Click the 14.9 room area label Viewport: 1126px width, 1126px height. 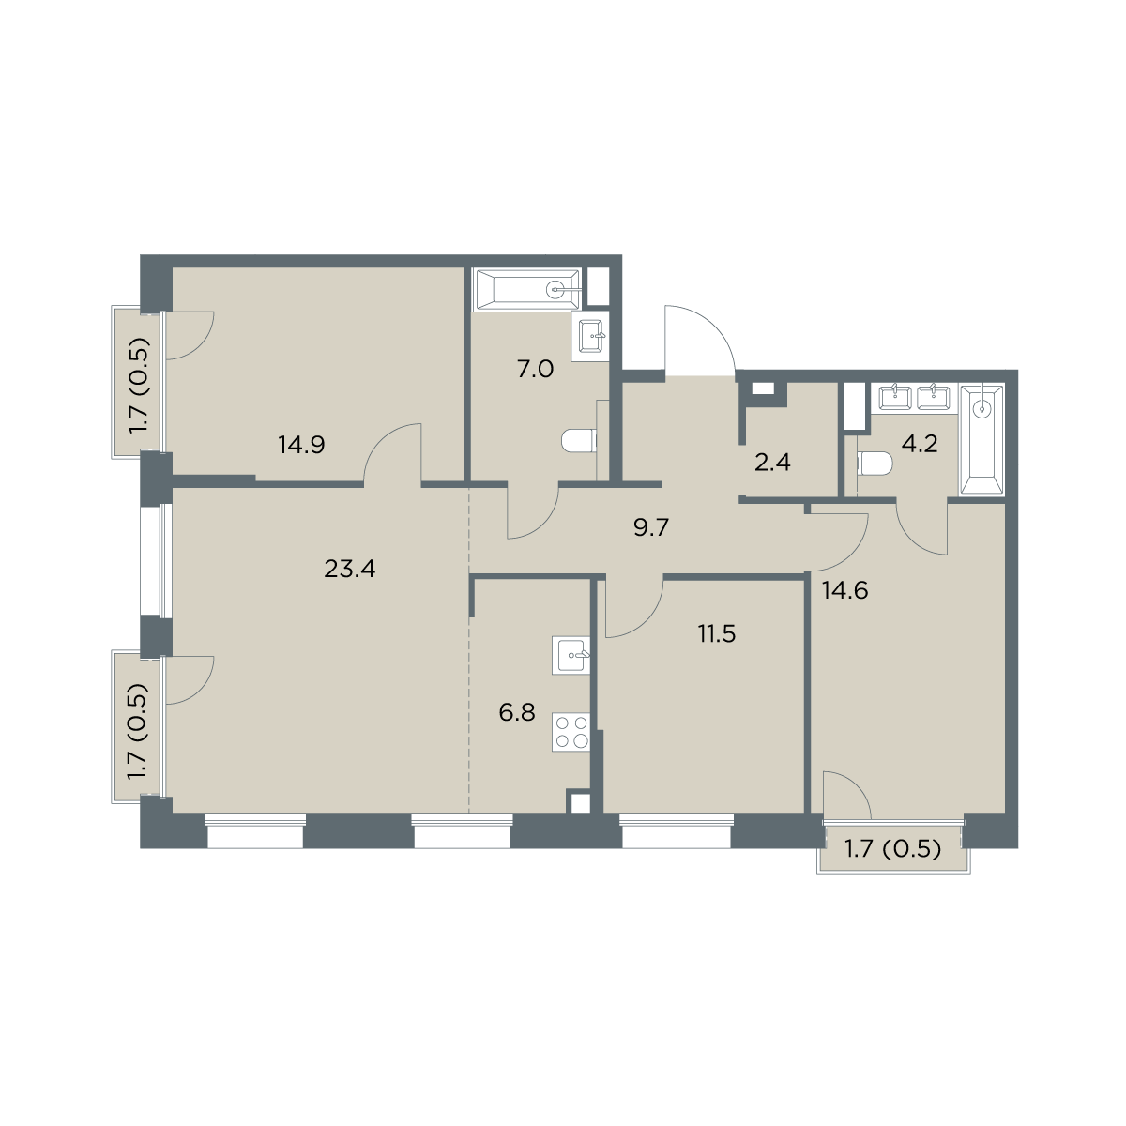pyautogui.click(x=301, y=446)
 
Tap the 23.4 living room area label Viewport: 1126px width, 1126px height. pyautogui.click(x=349, y=569)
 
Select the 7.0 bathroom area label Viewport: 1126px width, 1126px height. pyautogui.click(x=535, y=370)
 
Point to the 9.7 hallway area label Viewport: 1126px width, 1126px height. pyautogui.click(x=650, y=527)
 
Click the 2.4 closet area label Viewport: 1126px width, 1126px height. pyautogui.click(x=772, y=463)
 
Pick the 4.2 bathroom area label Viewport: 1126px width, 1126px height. pyautogui.click(x=920, y=444)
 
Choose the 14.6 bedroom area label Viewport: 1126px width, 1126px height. pyautogui.click(x=844, y=591)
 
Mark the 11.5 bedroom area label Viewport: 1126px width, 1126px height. pyautogui.click(x=717, y=633)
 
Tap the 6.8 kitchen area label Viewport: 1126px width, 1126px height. pyautogui.click(x=517, y=713)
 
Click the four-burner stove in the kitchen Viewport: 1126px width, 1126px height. pyautogui.click(x=571, y=732)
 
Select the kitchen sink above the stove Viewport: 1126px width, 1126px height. pyautogui.click(x=571, y=655)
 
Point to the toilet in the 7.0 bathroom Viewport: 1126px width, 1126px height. pyautogui.click(x=579, y=441)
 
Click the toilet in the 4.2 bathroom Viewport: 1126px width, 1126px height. pyautogui.click(x=875, y=465)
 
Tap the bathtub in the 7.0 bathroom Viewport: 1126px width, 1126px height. pyautogui.click(x=527, y=289)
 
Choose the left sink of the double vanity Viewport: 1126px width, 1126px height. pyautogui.click(x=895, y=397)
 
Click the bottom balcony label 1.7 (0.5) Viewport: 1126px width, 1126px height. pyautogui.click(x=893, y=848)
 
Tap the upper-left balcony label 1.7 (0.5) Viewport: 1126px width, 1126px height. pyautogui.click(x=139, y=386)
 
